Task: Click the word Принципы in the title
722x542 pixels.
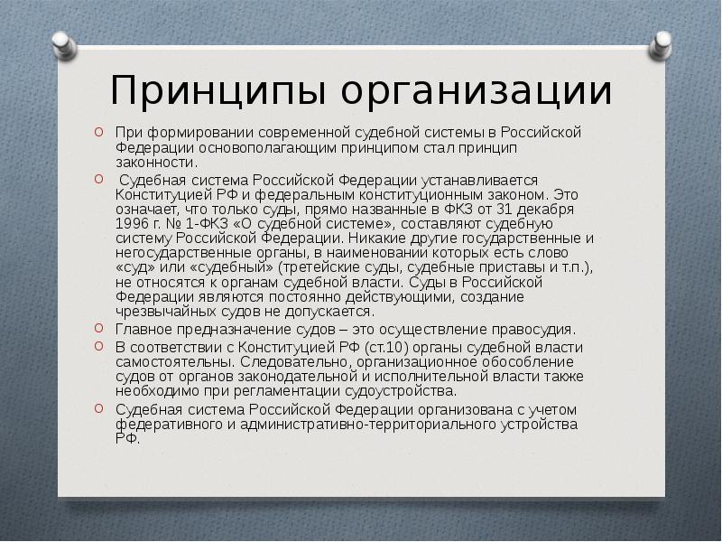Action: click(218, 91)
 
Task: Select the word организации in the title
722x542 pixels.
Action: click(477, 91)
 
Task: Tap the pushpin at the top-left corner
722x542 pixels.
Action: click(64, 46)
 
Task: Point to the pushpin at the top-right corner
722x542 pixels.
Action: click(661, 46)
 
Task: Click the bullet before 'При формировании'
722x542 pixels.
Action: click(98, 132)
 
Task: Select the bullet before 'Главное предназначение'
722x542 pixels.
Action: click(98, 328)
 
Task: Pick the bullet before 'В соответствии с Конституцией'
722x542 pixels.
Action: click(98, 346)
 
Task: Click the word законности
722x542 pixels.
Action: click(156, 163)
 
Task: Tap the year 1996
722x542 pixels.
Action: click(132, 224)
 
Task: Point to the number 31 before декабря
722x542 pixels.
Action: click(504, 210)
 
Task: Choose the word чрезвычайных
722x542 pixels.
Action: click(166, 312)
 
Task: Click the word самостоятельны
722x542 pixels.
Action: click(177, 362)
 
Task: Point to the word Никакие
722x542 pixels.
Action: click(374, 238)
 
